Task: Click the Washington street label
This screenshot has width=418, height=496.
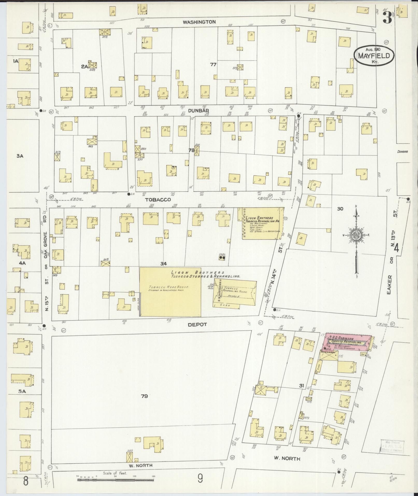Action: click(199, 22)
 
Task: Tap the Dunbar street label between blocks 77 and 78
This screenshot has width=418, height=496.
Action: click(199, 110)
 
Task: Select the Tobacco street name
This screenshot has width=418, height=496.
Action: click(158, 200)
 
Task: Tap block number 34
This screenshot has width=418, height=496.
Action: click(163, 264)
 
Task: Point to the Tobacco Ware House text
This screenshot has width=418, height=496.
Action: click(166, 287)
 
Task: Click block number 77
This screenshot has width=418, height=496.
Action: click(213, 65)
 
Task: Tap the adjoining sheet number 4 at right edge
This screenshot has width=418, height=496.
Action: click(396, 249)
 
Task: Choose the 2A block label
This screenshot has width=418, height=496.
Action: click(84, 67)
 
